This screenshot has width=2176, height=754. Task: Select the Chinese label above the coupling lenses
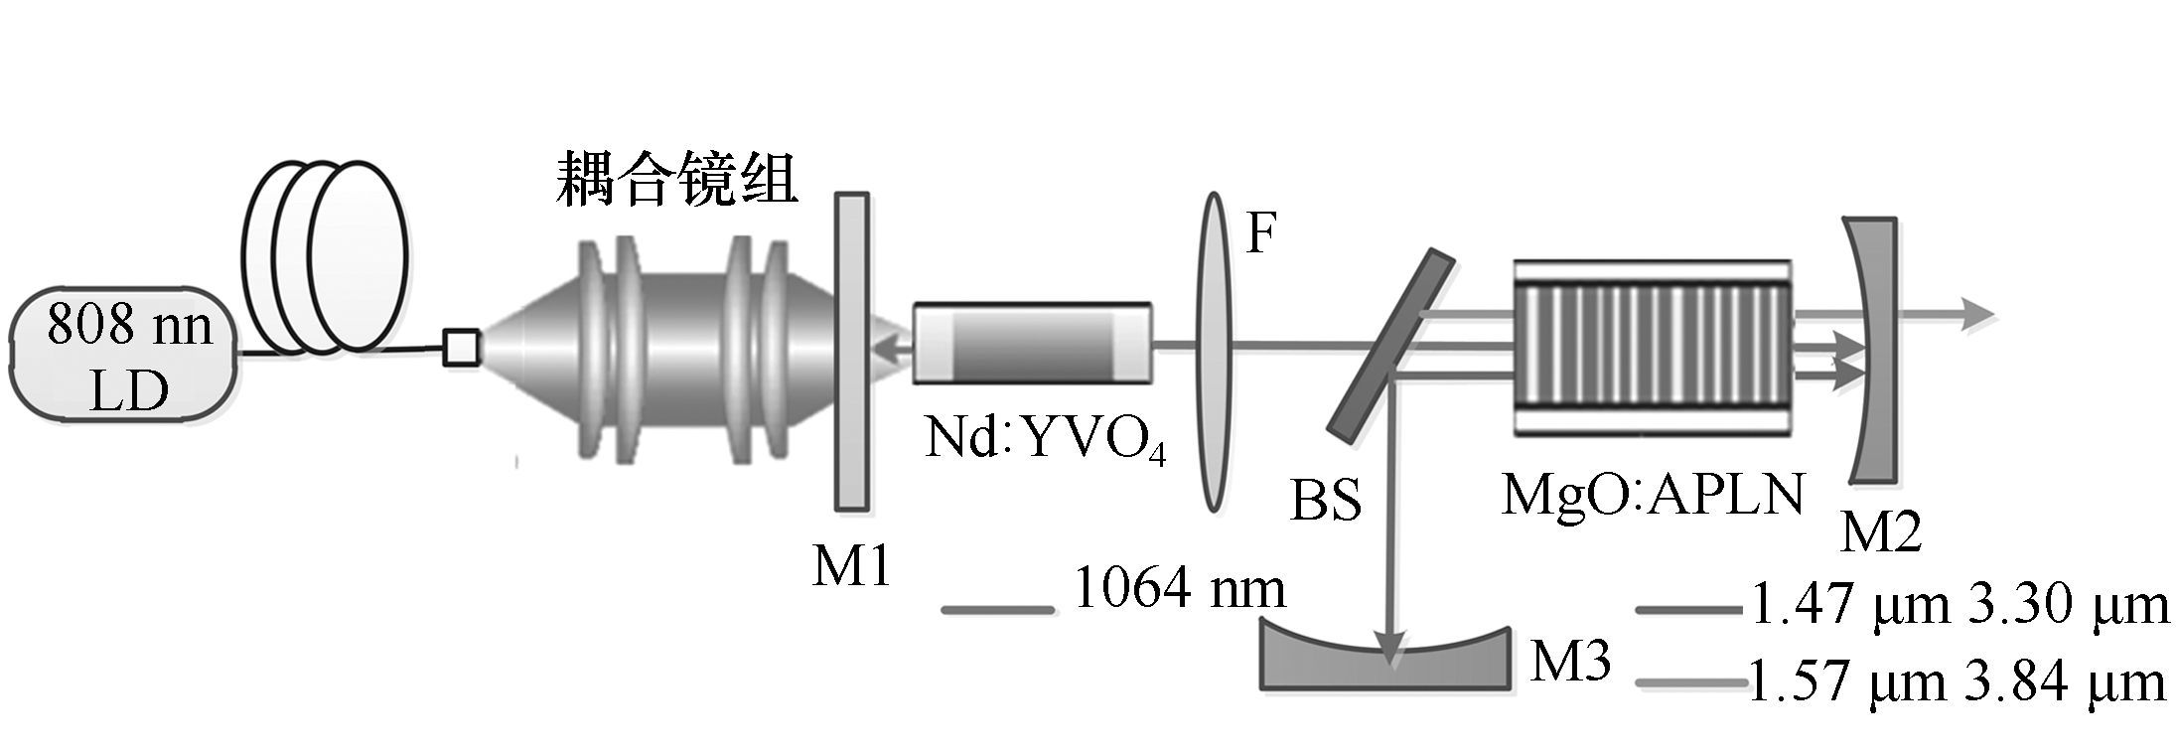[676, 179]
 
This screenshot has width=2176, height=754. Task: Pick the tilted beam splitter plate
[1391, 344]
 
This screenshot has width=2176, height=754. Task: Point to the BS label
[1325, 501]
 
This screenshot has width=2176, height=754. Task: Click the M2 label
[1881, 531]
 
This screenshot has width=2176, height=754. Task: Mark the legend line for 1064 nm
[997, 609]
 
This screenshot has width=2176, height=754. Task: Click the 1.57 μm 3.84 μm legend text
[1955, 682]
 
